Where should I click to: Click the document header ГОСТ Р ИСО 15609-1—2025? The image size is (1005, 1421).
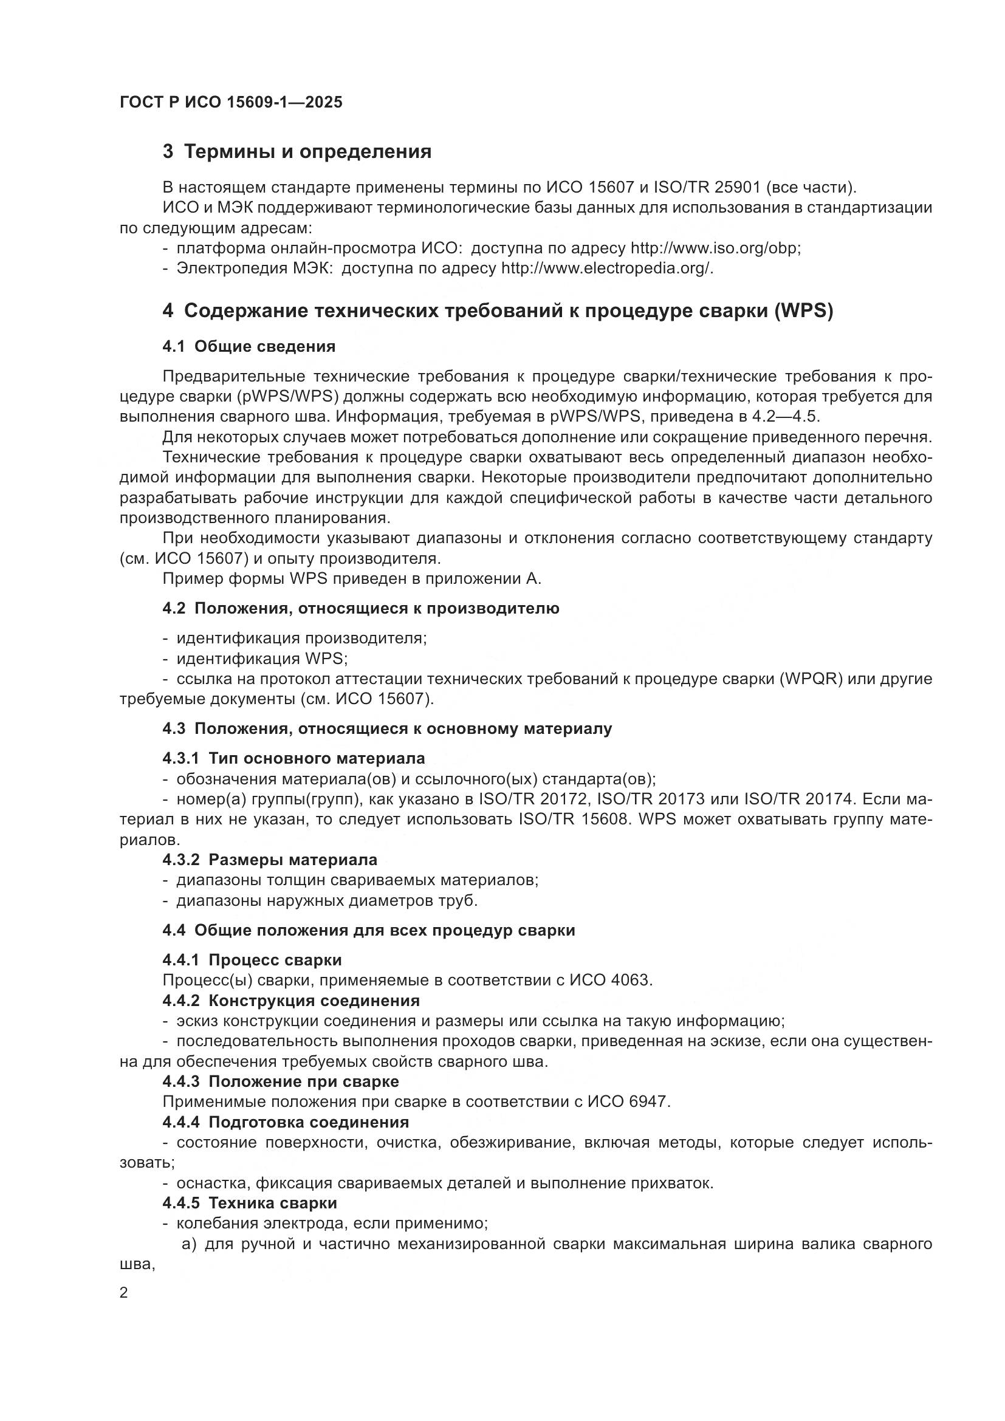[x=231, y=102]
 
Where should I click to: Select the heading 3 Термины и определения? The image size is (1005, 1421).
[x=297, y=152]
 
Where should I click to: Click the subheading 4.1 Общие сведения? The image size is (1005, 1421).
[x=249, y=346]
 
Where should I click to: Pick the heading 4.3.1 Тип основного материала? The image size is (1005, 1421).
[x=293, y=758]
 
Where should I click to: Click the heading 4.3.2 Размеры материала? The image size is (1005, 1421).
[x=270, y=860]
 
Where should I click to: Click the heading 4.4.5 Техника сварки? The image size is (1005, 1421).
[x=249, y=1203]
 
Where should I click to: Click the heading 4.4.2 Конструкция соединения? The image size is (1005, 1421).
[x=291, y=1001]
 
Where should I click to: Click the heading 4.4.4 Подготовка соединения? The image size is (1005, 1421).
[x=286, y=1122]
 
